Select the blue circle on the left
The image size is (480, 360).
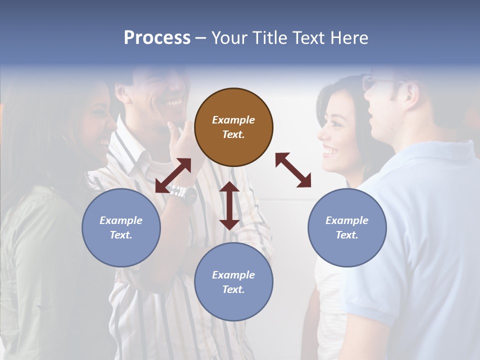(121, 227)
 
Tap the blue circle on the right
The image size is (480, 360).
(347, 227)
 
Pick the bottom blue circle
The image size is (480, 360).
(233, 281)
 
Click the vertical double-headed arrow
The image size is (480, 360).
(229, 205)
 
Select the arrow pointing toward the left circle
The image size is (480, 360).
(173, 175)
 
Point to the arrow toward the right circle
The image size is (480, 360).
(293, 170)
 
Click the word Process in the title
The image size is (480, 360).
(157, 37)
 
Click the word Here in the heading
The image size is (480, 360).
(350, 38)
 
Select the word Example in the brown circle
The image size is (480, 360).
(233, 120)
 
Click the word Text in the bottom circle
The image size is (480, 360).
(232, 289)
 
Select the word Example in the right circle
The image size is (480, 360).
(347, 220)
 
